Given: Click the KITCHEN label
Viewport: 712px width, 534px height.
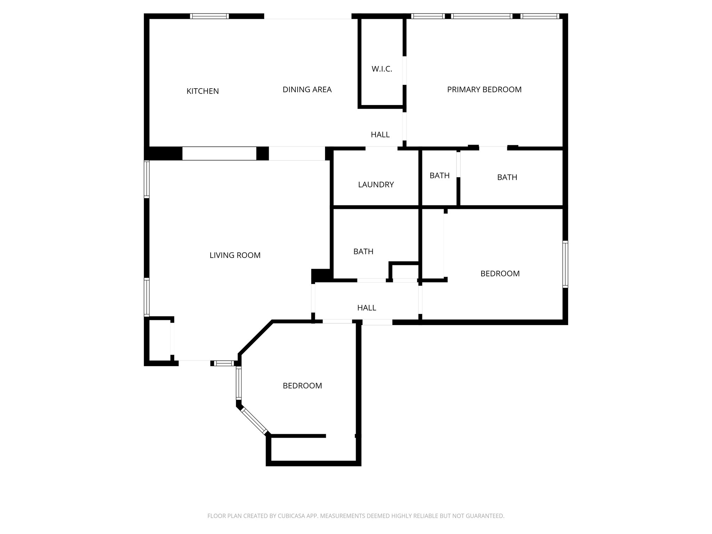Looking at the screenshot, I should point(203,91).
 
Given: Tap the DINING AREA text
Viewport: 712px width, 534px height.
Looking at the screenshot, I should point(307,90).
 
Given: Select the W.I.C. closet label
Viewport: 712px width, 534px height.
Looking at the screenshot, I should point(382,69).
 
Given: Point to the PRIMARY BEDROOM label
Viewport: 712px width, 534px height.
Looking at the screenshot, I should point(484,90).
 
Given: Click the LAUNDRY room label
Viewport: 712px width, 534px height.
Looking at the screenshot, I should point(376,185).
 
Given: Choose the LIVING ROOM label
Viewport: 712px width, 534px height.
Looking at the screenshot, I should point(235,255).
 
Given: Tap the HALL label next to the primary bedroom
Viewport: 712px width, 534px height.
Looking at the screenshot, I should point(380,135).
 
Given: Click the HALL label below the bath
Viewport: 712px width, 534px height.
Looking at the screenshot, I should point(366,308).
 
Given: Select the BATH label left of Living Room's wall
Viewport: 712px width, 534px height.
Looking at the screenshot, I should point(363,251).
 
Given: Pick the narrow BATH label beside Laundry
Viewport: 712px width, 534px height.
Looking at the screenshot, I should point(439,176).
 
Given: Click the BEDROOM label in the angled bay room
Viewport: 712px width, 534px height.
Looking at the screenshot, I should point(302,386).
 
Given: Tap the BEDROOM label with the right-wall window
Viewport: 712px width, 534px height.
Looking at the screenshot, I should point(500,274).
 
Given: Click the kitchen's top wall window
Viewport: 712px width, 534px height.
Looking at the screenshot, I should point(209,16).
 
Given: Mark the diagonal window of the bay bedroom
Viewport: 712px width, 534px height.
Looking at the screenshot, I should point(254,421).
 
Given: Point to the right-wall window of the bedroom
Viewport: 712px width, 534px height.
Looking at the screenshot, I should point(565,264).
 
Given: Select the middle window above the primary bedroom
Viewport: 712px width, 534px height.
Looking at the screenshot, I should point(482,16).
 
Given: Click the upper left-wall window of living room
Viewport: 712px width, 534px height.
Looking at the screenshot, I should point(147,179).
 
